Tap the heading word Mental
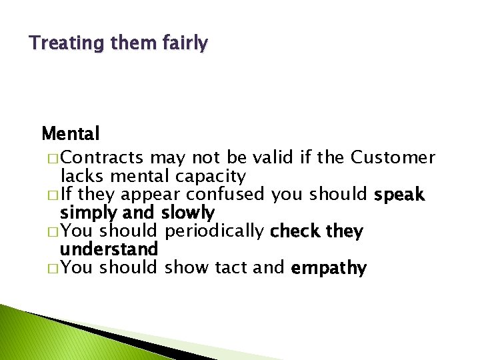pos(70,134)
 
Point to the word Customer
pos(393,158)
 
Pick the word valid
pos(274,158)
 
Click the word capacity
pos(210,177)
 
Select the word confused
pos(227,195)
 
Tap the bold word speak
pos(399,195)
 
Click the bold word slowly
pos(188,213)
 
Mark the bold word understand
pos(109,250)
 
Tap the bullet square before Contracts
pos(53,159)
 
